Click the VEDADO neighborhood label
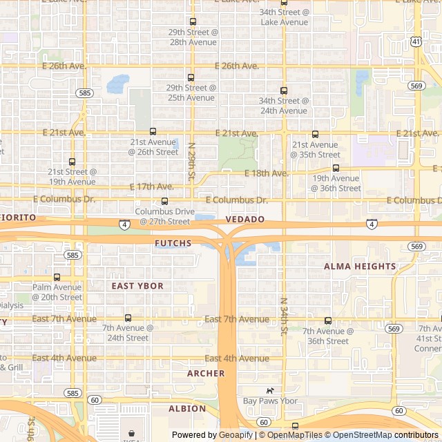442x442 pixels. coord(244,219)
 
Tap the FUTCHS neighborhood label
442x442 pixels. coord(173,243)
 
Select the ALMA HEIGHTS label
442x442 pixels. coord(360,266)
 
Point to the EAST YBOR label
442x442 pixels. coord(137,285)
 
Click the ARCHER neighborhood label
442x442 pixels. coord(206,373)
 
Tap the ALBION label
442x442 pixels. coord(187,408)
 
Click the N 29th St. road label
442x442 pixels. coord(192,161)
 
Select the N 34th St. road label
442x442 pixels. coord(283,316)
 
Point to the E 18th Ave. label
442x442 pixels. coord(267,173)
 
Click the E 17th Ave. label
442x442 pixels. coord(152,186)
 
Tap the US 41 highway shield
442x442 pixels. coord(416,41)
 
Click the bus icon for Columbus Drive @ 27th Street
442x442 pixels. coord(164,201)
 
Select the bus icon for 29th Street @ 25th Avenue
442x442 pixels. coord(191,77)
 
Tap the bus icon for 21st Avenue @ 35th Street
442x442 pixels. coord(315,134)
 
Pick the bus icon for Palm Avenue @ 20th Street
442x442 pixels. coord(57,277)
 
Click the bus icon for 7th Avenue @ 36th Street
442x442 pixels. coord(328,320)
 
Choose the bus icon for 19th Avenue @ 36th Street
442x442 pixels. coord(336,168)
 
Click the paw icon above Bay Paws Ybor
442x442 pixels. coord(270,390)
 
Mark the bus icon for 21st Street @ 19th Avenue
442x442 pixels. coord(73,162)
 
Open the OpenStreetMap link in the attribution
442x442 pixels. coord(358,435)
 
